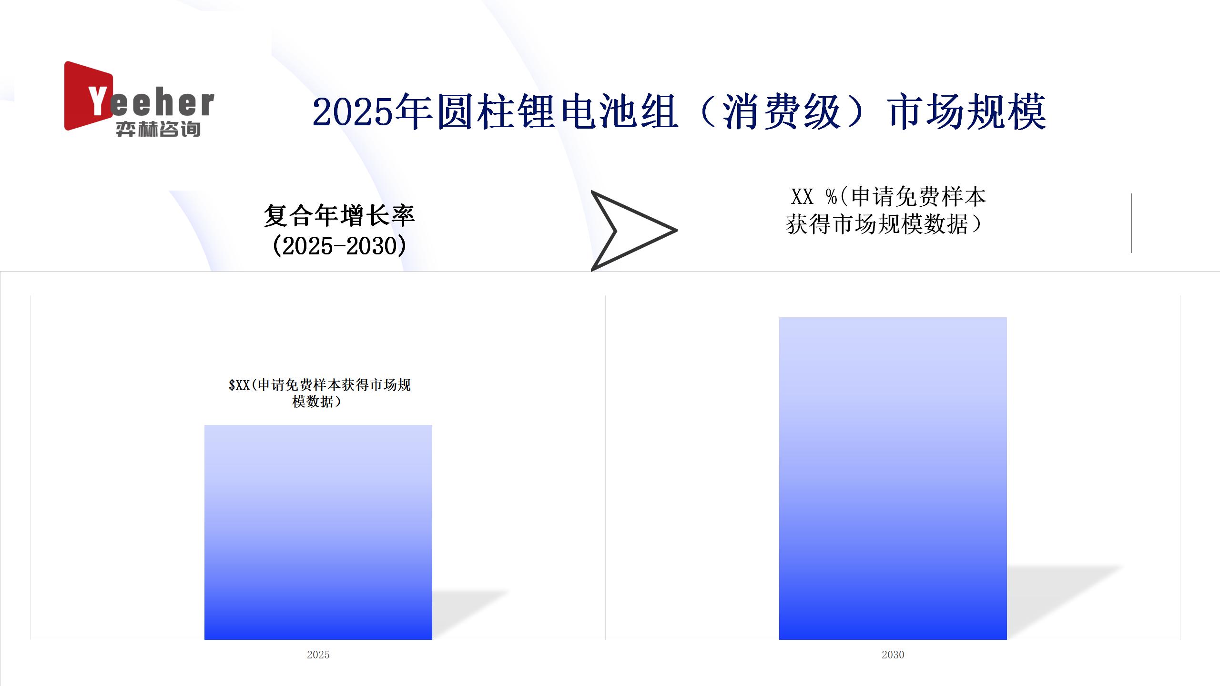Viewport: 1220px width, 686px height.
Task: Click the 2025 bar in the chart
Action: click(x=318, y=532)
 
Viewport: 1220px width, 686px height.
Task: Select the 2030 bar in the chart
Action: click(x=893, y=478)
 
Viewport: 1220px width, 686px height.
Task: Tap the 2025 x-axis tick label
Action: click(x=318, y=655)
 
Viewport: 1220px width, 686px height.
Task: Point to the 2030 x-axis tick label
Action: click(x=893, y=655)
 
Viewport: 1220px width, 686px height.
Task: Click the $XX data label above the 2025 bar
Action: click(x=319, y=393)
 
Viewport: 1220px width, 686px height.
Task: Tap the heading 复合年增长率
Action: click(x=339, y=216)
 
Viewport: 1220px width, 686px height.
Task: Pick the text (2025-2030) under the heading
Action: click(x=339, y=246)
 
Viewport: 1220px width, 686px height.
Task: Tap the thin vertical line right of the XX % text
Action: click(x=1131, y=223)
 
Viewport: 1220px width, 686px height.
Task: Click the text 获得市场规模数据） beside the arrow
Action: click(x=884, y=224)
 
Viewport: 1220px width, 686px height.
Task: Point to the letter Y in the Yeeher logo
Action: click(x=98, y=101)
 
